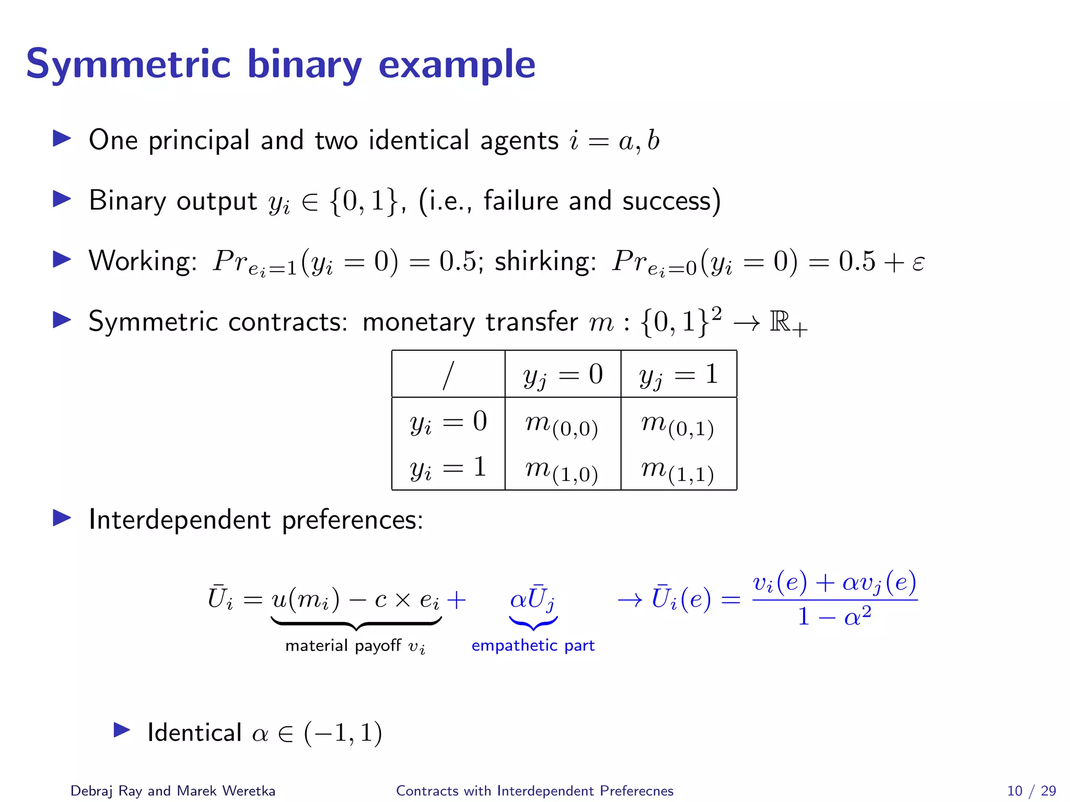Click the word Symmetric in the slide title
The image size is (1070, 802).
click(x=128, y=65)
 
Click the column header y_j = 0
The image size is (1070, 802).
click(x=563, y=375)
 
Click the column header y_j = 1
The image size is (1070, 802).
click(x=678, y=375)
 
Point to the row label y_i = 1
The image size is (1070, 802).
click(x=448, y=467)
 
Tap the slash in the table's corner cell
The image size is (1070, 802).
click(x=448, y=375)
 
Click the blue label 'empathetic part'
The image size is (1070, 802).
click(x=533, y=645)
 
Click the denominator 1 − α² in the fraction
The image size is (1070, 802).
click(x=834, y=616)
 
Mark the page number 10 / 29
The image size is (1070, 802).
click(x=1031, y=791)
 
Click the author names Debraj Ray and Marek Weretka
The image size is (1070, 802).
click(x=172, y=791)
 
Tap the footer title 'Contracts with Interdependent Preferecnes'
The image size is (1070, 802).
click(x=534, y=791)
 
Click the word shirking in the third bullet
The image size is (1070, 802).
click(x=545, y=261)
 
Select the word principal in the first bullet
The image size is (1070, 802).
click(x=199, y=140)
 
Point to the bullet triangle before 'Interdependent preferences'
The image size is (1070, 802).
click(x=62, y=518)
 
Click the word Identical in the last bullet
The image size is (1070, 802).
click(x=194, y=733)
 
